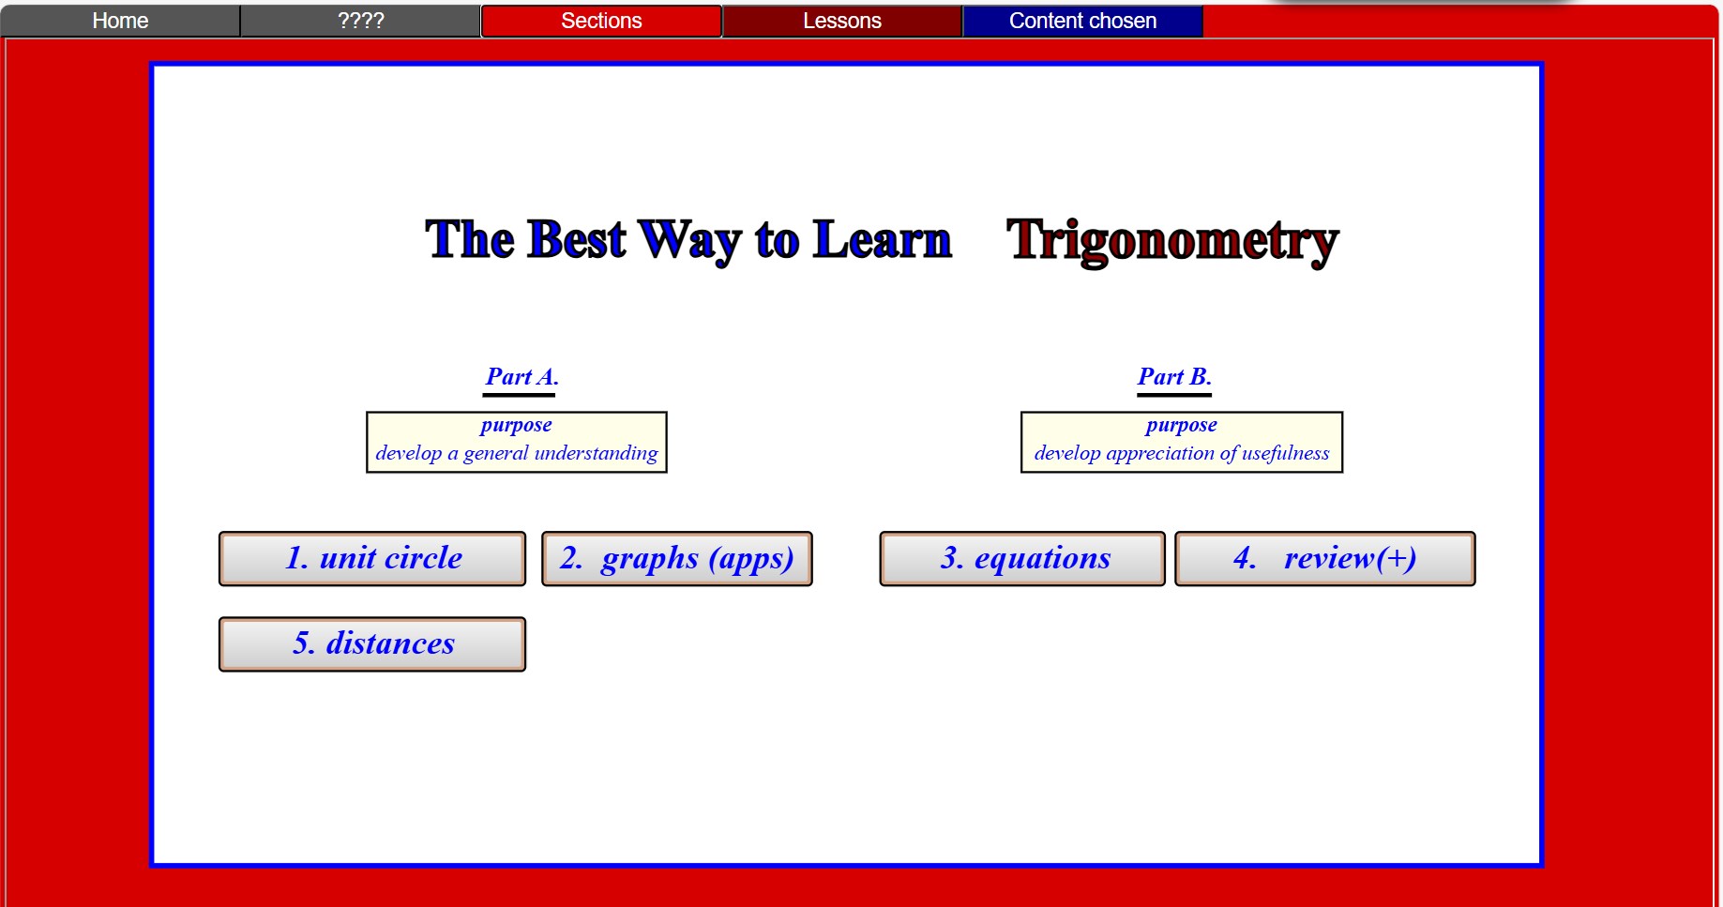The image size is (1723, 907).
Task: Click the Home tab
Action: click(120, 21)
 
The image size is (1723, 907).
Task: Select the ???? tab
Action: click(361, 21)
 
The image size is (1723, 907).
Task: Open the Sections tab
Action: click(601, 21)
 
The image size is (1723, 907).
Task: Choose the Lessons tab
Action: click(842, 21)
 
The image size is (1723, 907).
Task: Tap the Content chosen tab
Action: click(1082, 21)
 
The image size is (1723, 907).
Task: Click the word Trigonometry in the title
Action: click(1172, 241)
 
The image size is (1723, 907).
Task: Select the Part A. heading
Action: click(521, 377)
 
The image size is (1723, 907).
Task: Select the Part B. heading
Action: click(1174, 377)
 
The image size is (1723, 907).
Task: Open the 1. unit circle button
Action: click(372, 559)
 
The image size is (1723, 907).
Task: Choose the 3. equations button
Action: click(1022, 559)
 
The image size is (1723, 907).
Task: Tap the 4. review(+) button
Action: click(1325, 559)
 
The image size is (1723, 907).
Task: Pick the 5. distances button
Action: click(372, 644)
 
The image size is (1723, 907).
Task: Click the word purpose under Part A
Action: click(516, 426)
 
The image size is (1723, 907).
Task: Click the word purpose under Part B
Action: click(1182, 426)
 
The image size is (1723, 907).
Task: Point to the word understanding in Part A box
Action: click(597, 454)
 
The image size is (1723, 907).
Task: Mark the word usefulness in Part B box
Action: click(1286, 454)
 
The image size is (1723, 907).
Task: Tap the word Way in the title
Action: click(690, 241)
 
